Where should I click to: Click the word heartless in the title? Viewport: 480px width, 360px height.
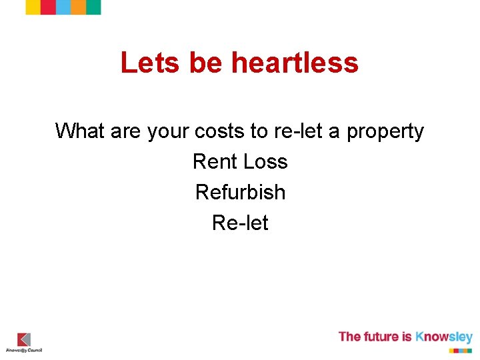(x=295, y=63)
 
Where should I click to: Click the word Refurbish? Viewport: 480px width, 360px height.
(x=240, y=192)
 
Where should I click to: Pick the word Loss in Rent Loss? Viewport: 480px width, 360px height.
(x=265, y=161)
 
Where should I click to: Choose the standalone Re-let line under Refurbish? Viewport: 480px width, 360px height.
(x=240, y=223)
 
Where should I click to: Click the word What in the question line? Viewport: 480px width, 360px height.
(x=80, y=131)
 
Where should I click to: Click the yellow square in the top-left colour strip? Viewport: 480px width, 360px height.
(x=33, y=7)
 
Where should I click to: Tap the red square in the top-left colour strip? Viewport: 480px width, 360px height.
(x=48, y=7)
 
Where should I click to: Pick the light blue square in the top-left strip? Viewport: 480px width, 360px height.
(x=63, y=7)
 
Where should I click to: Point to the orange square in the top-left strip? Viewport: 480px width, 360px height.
(x=78, y=7)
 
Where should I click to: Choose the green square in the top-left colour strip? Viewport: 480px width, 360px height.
(x=93, y=7)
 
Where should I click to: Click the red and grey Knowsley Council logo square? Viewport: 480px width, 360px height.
(x=24, y=339)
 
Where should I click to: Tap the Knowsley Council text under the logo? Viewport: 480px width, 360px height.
(x=24, y=350)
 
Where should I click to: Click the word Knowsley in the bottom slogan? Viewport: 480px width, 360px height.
(x=444, y=337)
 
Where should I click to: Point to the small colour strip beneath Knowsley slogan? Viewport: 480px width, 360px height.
(x=460, y=349)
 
